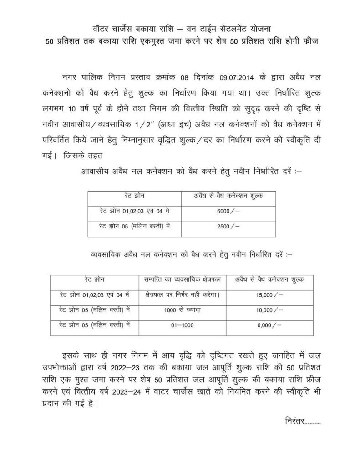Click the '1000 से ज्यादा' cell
tap(181, 310)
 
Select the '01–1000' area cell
tap(181, 325)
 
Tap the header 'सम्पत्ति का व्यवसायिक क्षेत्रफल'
tap(181, 279)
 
